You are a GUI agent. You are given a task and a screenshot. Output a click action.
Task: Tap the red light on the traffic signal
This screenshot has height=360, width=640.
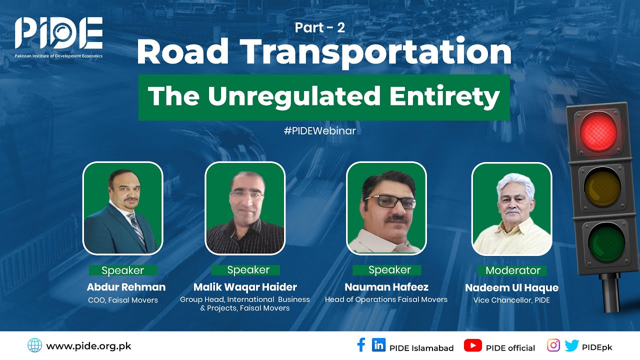[598, 132]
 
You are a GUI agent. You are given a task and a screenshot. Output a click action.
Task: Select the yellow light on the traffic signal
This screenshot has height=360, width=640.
[601, 189]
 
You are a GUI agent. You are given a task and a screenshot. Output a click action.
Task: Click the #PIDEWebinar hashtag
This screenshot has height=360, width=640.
[319, 131]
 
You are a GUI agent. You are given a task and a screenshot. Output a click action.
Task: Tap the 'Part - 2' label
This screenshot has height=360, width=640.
[320, 28]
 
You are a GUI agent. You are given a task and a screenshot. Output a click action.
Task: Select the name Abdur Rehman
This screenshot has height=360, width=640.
[126, 287]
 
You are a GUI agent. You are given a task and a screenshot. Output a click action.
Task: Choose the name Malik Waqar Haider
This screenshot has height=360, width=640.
[245, 287]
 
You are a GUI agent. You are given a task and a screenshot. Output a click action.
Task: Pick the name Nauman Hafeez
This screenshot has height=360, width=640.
[386, 287]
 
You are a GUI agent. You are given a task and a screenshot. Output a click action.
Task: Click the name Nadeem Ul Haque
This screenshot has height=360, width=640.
[511, 287]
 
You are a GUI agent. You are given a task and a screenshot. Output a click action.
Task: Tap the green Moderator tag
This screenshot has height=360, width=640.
[513, 270]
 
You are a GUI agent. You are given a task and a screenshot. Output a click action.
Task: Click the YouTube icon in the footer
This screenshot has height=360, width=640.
[472, 345]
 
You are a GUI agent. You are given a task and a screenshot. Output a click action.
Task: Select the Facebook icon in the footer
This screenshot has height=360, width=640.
[361, 345]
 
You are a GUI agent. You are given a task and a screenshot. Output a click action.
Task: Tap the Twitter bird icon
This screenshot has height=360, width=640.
[571, 345]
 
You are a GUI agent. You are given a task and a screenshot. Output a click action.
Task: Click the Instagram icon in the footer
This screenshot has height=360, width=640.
[553, 345]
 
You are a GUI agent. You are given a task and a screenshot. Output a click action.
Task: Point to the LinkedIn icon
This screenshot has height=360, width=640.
[378, 345]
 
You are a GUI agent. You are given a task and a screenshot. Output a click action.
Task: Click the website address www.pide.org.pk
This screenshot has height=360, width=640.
[88, 345]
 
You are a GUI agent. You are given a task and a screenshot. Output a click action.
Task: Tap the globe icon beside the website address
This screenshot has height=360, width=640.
[34, 345]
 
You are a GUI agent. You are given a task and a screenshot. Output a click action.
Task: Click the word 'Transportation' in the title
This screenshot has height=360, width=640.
[375, 51]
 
